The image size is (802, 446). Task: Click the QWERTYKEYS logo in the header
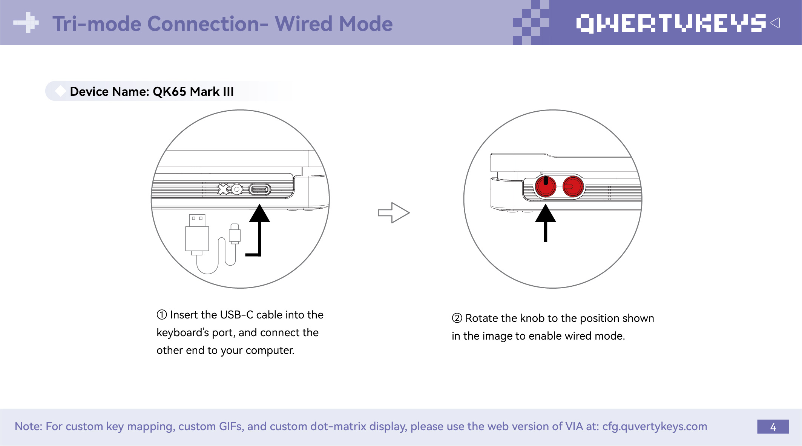pos(671,23)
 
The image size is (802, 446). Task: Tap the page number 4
pos(773,427)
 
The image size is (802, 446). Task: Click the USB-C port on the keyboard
pos(260,189)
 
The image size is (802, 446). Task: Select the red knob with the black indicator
pos(545,186)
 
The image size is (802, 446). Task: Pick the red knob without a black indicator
pos(573,186)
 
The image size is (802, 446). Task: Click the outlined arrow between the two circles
pos(393,213)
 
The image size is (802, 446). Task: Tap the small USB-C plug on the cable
pos(235,234)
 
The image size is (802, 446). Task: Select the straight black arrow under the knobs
pos(545,223)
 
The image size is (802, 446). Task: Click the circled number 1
pos(162,315)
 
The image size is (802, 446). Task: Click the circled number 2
pos(457,318)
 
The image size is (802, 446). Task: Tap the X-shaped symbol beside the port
pos(223,189)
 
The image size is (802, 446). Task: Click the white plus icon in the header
pos(26,23)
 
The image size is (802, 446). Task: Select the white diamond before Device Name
pos(60,91)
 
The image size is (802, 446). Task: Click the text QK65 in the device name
pos(169,92)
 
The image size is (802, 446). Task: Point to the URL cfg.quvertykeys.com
pos(655,426)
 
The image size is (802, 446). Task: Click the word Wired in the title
pos(304,24)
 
